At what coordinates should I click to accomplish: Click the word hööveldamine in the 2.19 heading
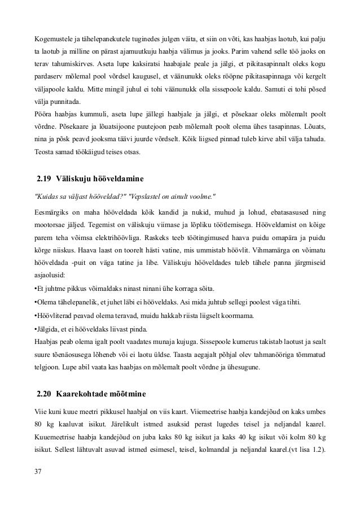click(120, 180)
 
